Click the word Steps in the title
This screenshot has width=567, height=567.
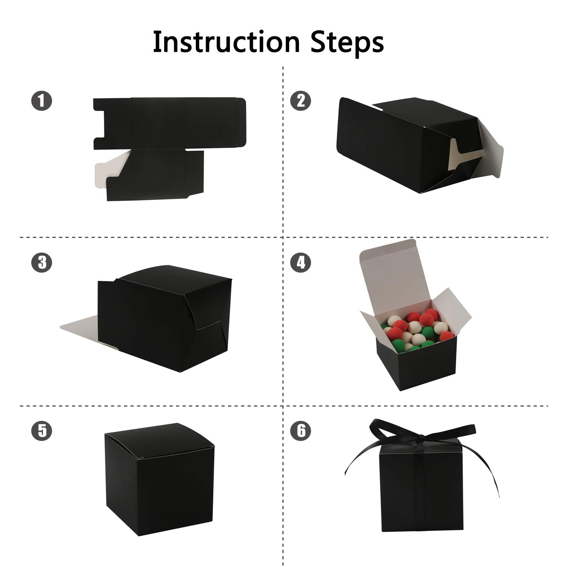click(x=347, y=42)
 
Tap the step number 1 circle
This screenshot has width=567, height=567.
click(x=42, y=101)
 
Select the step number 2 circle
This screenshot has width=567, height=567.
click(x=301, y=101)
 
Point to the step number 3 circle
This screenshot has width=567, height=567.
click(x=42, y=262)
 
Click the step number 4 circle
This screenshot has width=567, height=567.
click(x=301, y=262)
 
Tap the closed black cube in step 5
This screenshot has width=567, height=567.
click(x=159, y=480)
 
